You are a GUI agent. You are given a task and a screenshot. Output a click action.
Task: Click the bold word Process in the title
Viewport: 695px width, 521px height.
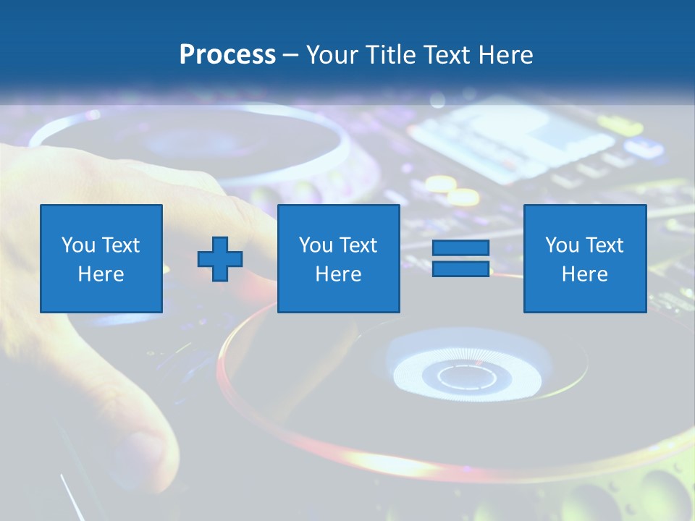[x=227, y=55]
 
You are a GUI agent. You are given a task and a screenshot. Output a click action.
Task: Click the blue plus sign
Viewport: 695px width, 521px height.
[x=220, y=259]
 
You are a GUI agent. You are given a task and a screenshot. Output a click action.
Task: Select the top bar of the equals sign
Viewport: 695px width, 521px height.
[x=460, y=248]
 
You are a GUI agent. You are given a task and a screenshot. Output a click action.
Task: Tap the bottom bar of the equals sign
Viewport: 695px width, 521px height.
[x=460, y=268]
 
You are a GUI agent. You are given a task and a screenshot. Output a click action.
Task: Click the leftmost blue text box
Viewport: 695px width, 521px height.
[x=101, y=258]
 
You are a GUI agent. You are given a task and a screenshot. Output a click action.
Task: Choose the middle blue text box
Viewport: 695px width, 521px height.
[x=338, y=258]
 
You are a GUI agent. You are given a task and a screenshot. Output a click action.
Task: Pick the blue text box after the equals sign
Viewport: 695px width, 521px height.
[x=585, y=258]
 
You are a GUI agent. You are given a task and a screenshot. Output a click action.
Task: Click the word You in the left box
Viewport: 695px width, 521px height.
[x=78, y=245]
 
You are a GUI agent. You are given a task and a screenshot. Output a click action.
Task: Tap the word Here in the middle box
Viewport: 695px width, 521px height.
[x=338, y=274]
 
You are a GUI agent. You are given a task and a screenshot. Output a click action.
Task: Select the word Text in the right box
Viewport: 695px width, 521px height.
[x=604, y=245]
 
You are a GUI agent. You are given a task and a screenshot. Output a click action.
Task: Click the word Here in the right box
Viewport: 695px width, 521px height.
[x=585, y=274]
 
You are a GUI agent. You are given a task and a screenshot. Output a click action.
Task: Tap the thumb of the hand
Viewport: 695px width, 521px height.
[x=145, y=434]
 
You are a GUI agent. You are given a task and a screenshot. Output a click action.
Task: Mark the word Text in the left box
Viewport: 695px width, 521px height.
[x=120, y=245]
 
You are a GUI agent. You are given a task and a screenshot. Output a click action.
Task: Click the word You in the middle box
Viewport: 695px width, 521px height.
[x=316, y=245]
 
